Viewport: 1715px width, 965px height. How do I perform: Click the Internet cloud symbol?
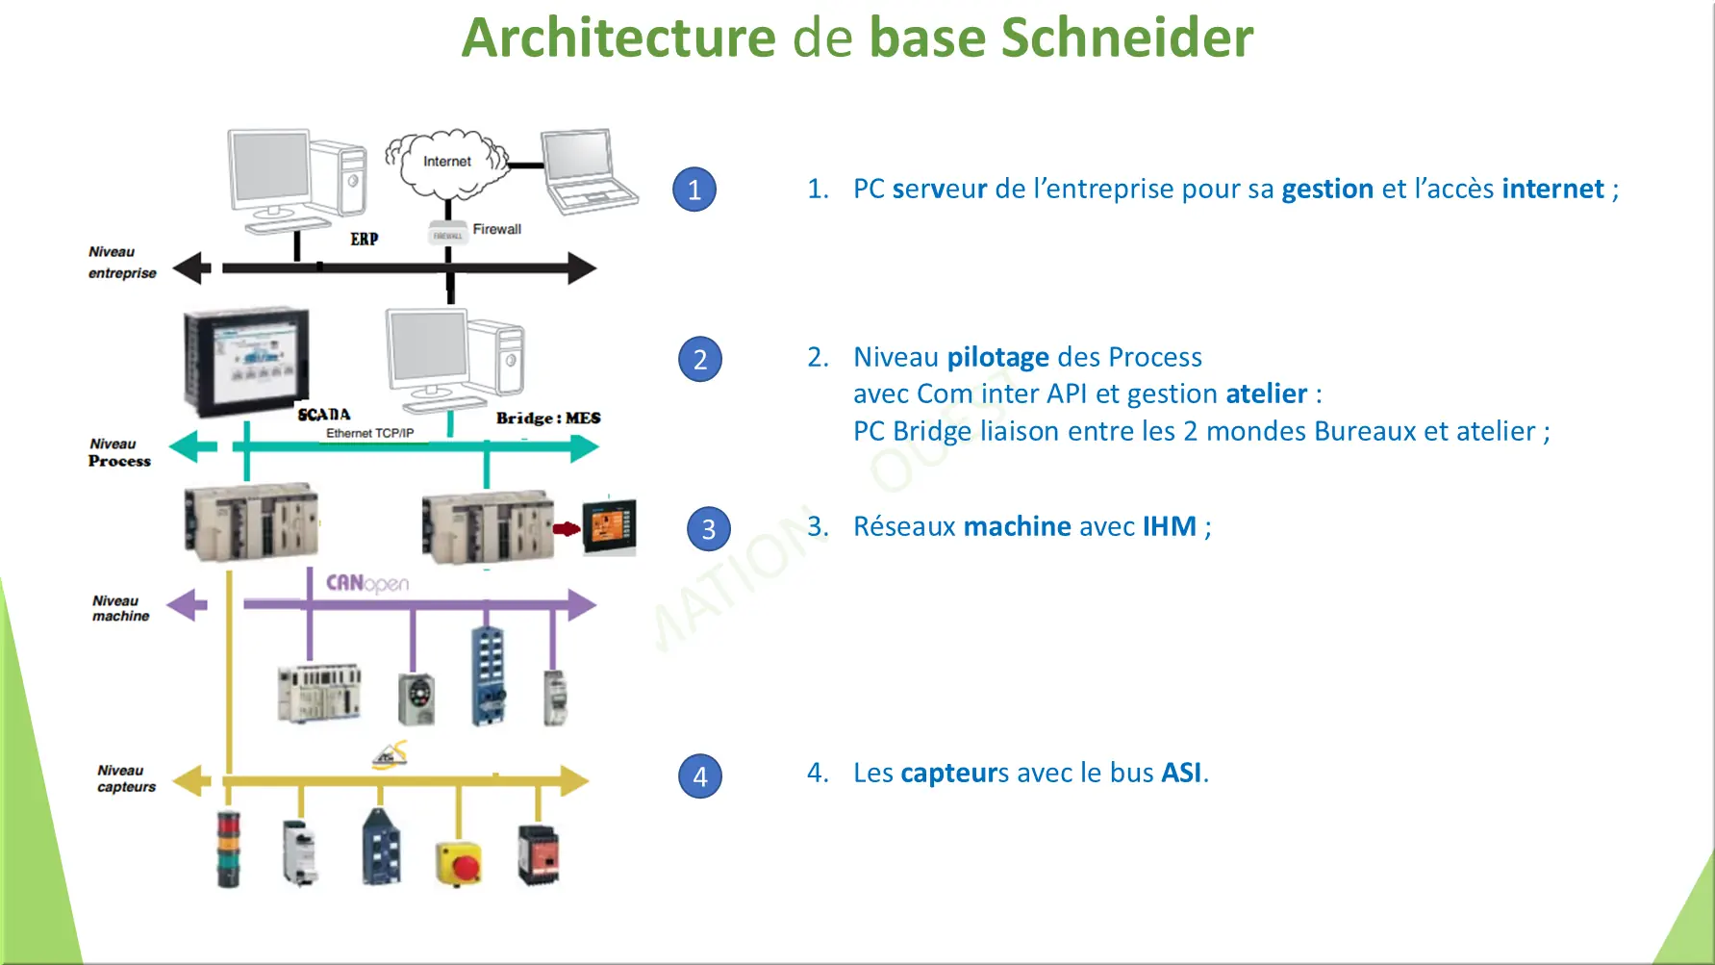(x=447, y=163)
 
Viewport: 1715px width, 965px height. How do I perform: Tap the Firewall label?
(x=496, y=229)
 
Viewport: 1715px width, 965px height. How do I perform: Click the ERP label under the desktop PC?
(x=364, y=239)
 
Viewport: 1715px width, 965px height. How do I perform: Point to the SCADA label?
(x=324, y=415)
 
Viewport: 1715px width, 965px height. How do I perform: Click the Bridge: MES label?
(x=548, y=418)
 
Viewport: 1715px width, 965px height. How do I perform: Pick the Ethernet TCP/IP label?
(x=369, y=433)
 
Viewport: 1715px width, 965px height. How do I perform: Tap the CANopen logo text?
(x=366, y=583)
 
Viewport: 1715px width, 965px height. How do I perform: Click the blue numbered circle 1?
(x=694, y=190)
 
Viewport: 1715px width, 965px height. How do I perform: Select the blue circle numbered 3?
(x=709, y=529)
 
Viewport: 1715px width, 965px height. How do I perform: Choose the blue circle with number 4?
(x=700, y=775)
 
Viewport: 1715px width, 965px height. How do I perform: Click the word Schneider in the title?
(x=1126, y=38)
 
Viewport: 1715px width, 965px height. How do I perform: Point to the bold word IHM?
(x=1169, y=526)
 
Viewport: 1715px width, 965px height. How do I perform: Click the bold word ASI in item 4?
(x=1181, y=773)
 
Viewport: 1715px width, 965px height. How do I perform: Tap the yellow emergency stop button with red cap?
(x=459, y=862)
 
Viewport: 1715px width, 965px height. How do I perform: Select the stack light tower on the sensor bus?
(x=229, y=848)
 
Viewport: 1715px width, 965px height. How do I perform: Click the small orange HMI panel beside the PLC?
(x=610, y=526)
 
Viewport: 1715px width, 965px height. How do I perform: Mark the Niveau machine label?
(x=120, y=608)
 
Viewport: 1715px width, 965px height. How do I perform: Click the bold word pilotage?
(x=997, y=357)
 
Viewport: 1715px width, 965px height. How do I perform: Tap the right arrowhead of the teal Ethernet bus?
(x=583, y=447)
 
